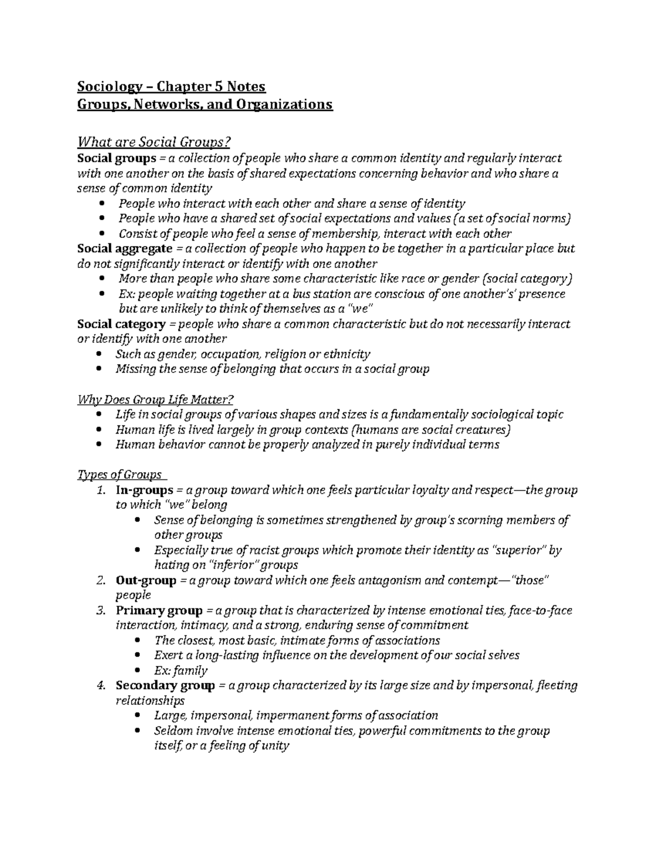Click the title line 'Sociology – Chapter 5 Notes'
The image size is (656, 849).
click(171, 86)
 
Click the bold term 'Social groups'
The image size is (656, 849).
click(116, 159)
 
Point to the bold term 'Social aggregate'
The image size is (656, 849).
click(125, 249)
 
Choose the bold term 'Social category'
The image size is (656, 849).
click(122, 324)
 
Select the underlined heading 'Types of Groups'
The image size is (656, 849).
click(120, 474)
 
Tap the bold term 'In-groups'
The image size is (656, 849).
click(144, 490)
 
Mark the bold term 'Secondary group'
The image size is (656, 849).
click(165, 686)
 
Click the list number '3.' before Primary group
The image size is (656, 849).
click(100, 611)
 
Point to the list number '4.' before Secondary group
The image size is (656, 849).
click(100, 686)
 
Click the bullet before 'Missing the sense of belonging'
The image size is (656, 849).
click(98, 369)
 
